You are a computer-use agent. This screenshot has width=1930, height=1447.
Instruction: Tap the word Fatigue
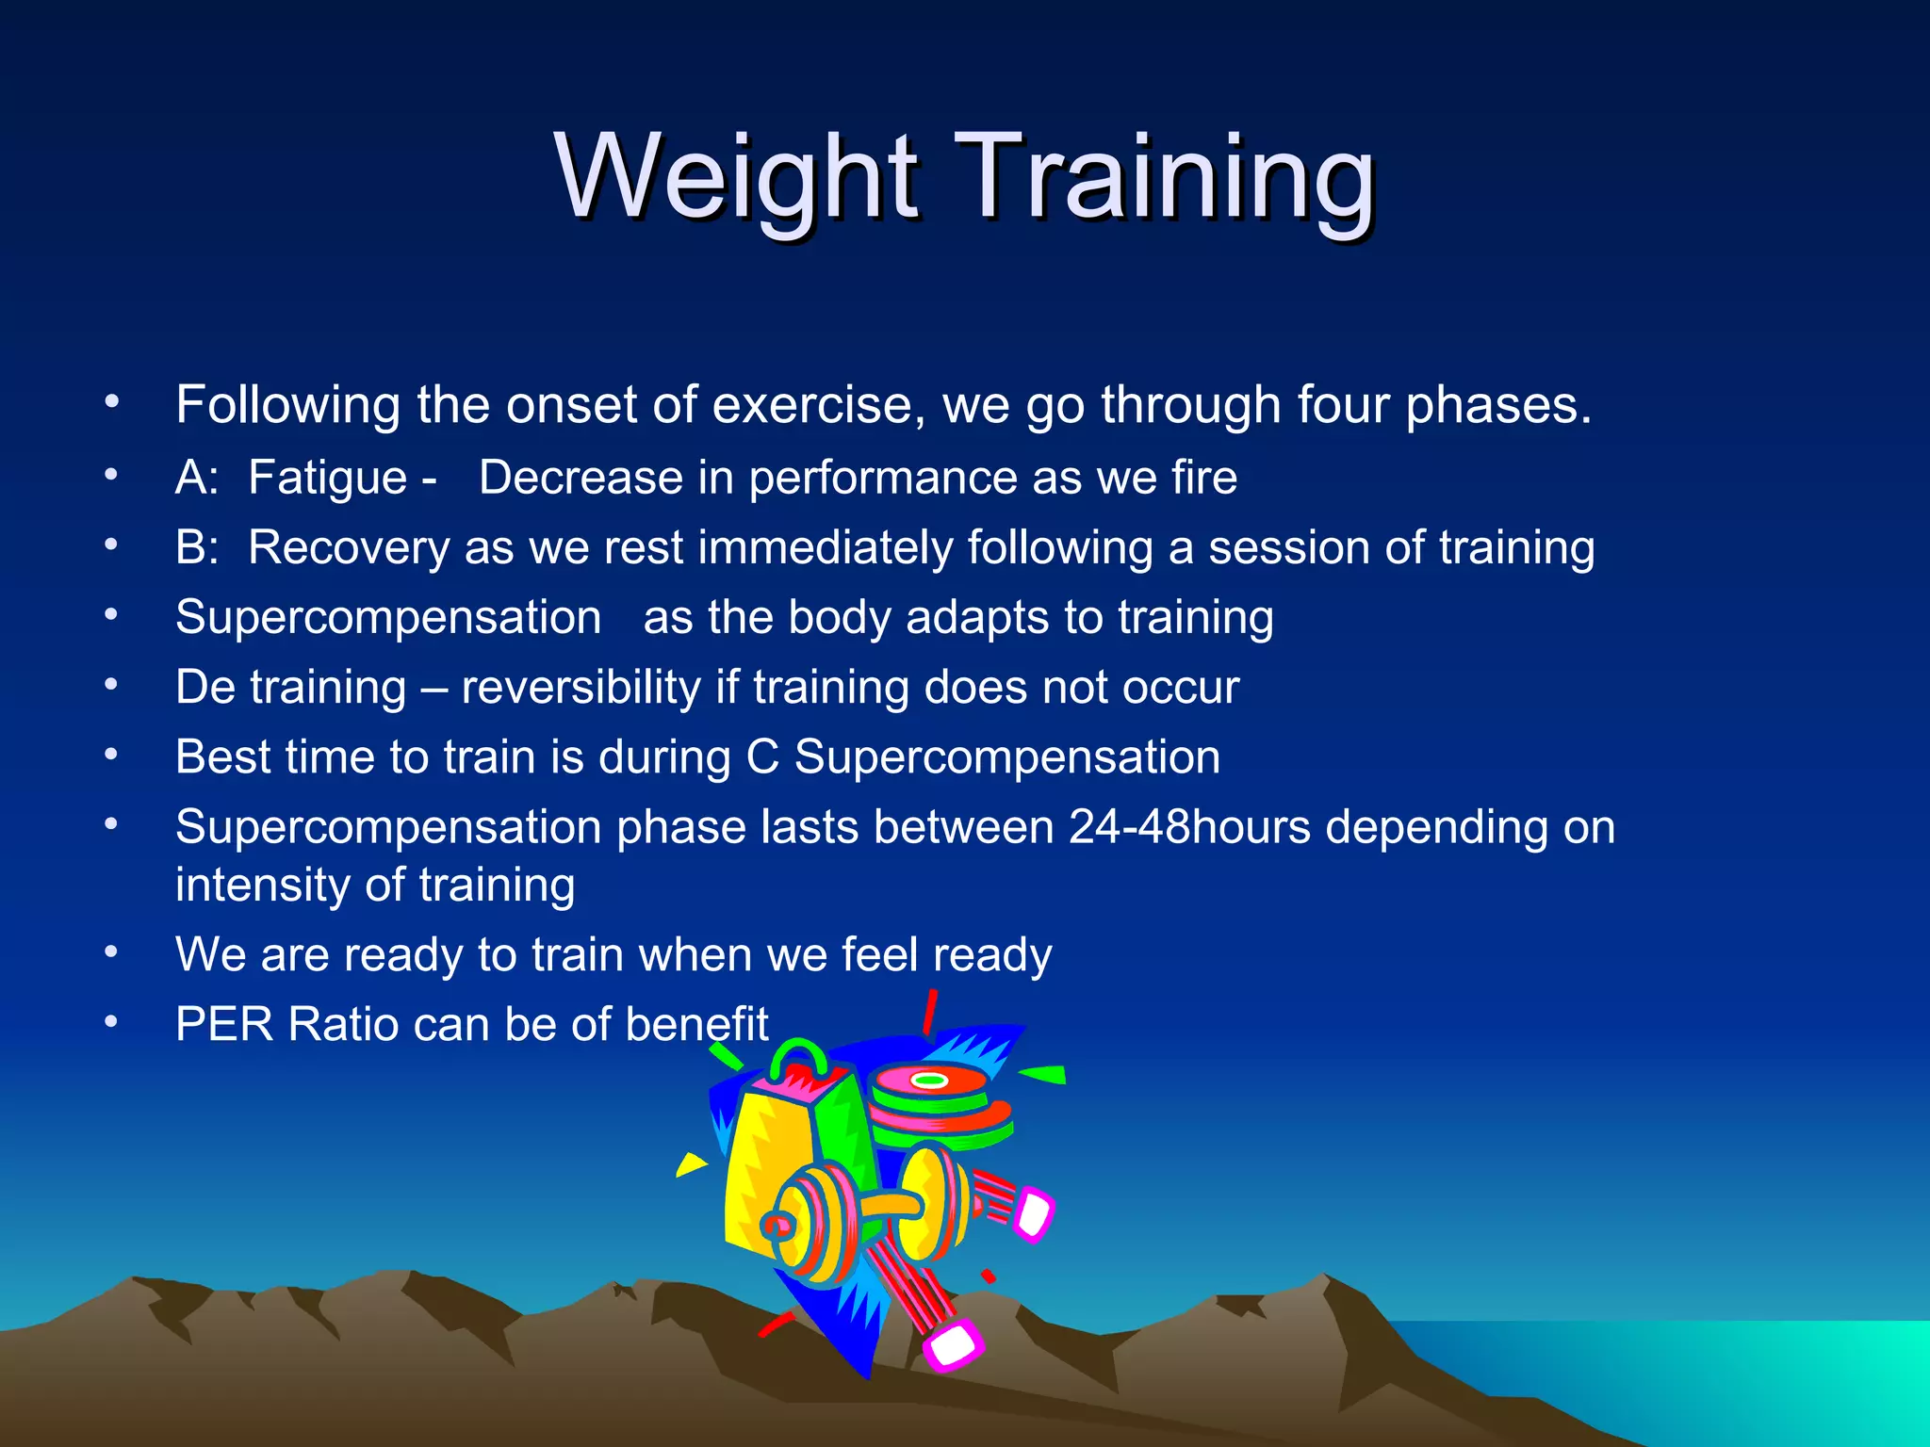327,478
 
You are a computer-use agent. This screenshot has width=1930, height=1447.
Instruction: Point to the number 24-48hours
1189,827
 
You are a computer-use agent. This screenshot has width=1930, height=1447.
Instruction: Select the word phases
1497,405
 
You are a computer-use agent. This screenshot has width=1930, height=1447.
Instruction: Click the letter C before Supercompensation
761,757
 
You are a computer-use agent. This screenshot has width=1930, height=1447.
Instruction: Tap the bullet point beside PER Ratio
111,1021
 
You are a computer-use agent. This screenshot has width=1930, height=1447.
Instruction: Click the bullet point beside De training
111,685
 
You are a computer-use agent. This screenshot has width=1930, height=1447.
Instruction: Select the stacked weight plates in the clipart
938,1102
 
